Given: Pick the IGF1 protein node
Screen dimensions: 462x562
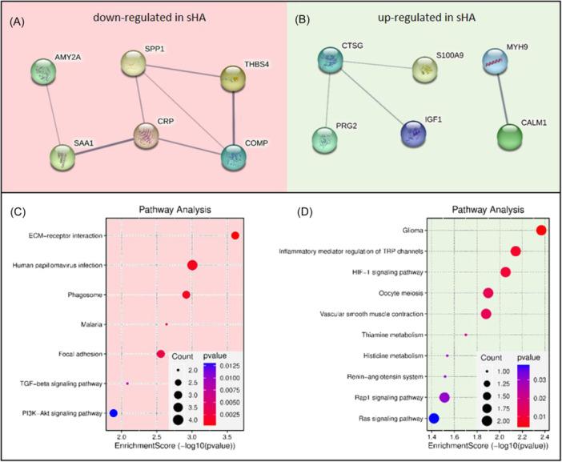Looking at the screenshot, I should (x=415, y=132).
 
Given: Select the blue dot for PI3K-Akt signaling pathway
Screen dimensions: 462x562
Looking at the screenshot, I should (x=114, y=413).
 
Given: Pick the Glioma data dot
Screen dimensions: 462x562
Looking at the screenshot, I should (x=541, y=231).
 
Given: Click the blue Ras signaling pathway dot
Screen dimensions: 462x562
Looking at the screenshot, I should (x=434, y=417).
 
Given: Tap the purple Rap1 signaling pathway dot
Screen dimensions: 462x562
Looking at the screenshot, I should (x=445, y=396).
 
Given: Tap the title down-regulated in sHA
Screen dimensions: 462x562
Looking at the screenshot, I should (x=142, y=18).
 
